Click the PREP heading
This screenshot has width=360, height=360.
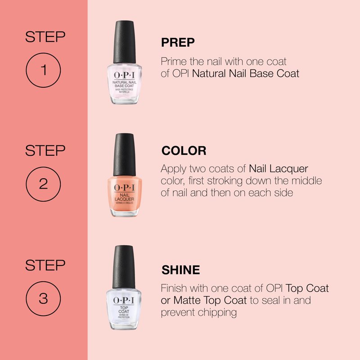(178, 42)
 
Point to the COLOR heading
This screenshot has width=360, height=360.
(184, 151)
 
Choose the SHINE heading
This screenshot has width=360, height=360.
(181, 270)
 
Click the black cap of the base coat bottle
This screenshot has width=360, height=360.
(124, 42)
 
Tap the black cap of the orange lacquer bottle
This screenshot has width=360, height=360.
(124, 154)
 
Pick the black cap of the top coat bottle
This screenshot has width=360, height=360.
(123, 267)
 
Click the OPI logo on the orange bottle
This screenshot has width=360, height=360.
(124, 187)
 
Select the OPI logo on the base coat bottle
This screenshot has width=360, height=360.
(124, 75)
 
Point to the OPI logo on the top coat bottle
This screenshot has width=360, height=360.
(123, 300)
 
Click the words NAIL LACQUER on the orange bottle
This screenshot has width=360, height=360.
(124, 197)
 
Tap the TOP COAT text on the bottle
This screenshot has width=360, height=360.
(124, 310)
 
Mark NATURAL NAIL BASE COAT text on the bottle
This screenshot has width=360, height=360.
(124, 84)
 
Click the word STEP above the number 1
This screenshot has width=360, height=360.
(45, 37)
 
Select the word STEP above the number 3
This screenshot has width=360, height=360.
(45, 265)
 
